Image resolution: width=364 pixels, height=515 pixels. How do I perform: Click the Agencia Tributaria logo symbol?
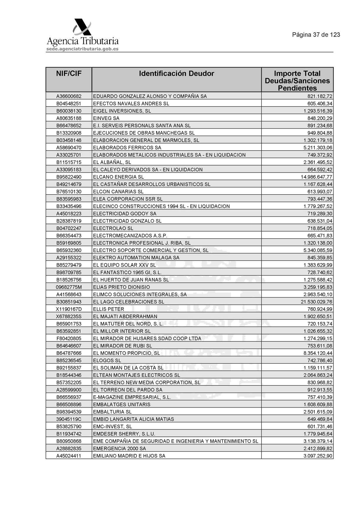tap(82, 27)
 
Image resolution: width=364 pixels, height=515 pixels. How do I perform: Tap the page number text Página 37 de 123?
tap(316, 35)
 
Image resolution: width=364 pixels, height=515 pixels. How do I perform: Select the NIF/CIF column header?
tap(69, 73)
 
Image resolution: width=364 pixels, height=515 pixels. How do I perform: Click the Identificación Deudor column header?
tap(176, 73)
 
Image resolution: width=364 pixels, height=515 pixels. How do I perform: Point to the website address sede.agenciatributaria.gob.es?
tap(82, 49)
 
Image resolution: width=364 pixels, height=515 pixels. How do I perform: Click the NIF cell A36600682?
tap(69, 96)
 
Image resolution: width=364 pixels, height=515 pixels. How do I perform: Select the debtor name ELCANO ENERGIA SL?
tap(118, 177)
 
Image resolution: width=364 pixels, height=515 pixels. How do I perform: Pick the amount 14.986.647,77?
tap(316, 177)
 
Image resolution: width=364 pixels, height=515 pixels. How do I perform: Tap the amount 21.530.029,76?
tap(316, 302)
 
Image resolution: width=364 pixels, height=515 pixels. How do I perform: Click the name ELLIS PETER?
tap(108, 309)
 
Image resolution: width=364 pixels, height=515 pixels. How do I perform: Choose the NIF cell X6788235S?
tap(69, 316)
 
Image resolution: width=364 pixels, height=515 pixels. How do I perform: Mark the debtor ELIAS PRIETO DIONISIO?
tap(121, 287)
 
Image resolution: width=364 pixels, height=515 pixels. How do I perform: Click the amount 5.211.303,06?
tap(318, 148)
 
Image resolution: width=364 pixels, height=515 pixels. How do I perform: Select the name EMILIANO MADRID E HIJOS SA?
tap(129, 456)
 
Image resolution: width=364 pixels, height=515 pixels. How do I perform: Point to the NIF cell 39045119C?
tap(69, 419)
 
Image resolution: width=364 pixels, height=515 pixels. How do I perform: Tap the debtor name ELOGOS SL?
tap(107, 360)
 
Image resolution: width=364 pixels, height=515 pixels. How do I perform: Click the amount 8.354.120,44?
tap(318, 353)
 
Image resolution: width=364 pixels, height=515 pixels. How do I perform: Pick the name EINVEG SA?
tap(106, 118)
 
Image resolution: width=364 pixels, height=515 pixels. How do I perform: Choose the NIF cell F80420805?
tap(69, 338)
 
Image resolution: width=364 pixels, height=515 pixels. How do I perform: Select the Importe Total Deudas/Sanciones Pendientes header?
tap(297, 81)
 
